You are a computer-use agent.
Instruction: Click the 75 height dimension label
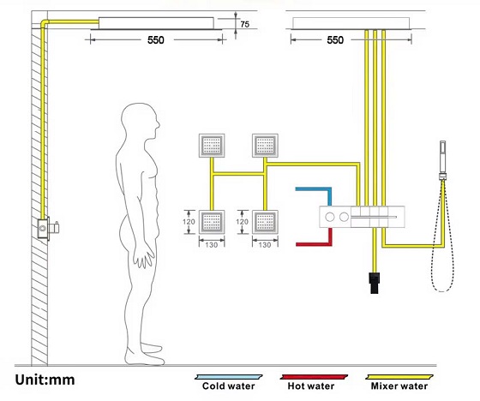tap(244, 24)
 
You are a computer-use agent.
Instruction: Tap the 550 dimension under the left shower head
tap(155, 40)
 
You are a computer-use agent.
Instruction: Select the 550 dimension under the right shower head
tap(335, 40)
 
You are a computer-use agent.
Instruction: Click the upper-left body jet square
tap(212, 146)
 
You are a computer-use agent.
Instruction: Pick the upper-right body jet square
tap(265, 146)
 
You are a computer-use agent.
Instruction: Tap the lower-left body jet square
tap(212, 222)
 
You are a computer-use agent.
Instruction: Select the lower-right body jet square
tap(265, 222)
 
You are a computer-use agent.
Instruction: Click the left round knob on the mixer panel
tap(330, 217)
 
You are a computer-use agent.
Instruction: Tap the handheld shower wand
tap(442, 160)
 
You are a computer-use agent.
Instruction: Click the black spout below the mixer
tap(375, 283)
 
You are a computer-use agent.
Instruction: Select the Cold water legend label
tap(228, 386)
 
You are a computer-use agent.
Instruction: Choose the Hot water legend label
tap(310, 386)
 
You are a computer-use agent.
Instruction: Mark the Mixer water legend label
tap(399, 386)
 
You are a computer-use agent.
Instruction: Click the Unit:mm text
tap(45, 380)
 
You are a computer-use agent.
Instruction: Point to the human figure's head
tap(141, 119)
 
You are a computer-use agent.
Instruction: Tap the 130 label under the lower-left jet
tap(212, 245)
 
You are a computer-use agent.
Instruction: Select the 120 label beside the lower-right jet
tap(242, 222)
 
